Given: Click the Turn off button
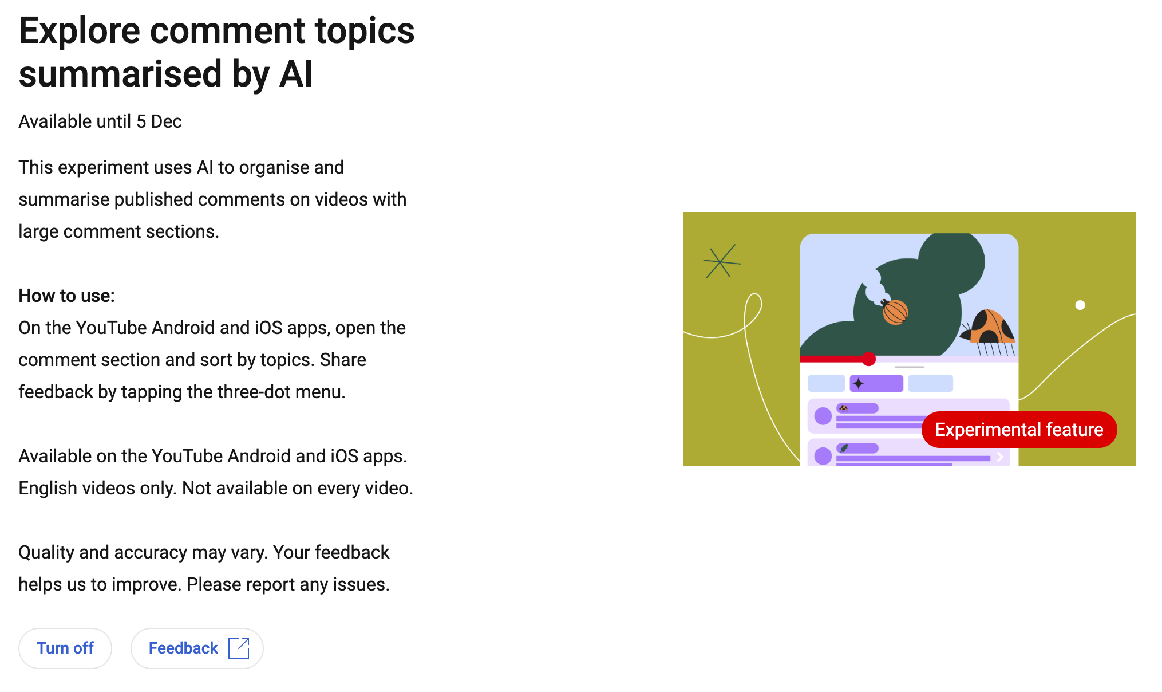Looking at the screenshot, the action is (65, 648).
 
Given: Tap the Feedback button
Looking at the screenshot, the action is (197, 648).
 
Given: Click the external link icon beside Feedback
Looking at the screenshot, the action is (239, 648).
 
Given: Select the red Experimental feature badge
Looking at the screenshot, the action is (1019, 430).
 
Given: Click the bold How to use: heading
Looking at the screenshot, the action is (66, 296).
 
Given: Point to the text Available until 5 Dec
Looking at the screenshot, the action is (100, 121).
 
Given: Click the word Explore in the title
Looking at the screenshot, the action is (80, 32).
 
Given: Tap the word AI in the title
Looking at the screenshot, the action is (296, 74).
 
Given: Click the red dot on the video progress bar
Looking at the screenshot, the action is (869, 359).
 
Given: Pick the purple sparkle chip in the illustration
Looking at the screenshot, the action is (876, 383).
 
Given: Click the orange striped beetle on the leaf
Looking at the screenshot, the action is (895, 312).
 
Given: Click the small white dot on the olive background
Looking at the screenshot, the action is (1080, 305).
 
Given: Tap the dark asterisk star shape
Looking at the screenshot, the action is (721, 262).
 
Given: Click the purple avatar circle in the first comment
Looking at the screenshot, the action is (823, 416).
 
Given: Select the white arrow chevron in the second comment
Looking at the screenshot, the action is (1000, 457).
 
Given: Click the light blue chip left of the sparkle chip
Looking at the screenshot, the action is (826, 383).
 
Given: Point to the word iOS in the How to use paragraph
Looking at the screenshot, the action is (268, 328).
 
